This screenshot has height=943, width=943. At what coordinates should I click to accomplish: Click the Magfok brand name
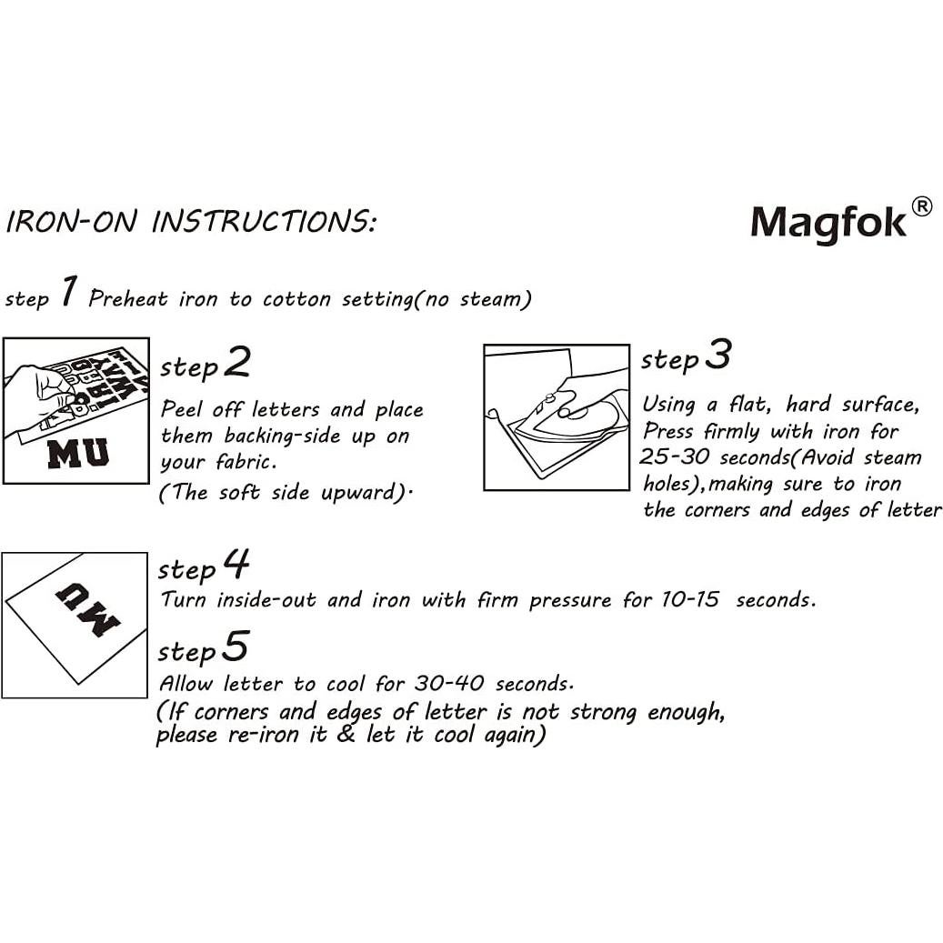click(x=828, y=222)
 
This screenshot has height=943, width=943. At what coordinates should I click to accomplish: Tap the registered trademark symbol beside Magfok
click(x=920, y=207)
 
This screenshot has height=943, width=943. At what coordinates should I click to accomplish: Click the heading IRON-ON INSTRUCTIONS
click(x=190, y=222)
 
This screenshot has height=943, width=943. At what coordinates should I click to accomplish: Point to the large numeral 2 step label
click(x=236, y=363)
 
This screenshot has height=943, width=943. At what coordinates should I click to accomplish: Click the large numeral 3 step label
click(x=717, y=356)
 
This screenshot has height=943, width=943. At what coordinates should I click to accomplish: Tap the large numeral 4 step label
click(x=236, y=565)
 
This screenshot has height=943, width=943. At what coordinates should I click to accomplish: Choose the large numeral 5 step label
click(x=235, y=647)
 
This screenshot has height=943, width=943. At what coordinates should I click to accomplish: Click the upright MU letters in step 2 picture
click(x=77, y=452)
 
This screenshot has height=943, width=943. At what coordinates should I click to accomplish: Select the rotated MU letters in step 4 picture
click(x=87, y=609)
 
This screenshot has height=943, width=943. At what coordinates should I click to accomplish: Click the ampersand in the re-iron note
click(x=346, y=735)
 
